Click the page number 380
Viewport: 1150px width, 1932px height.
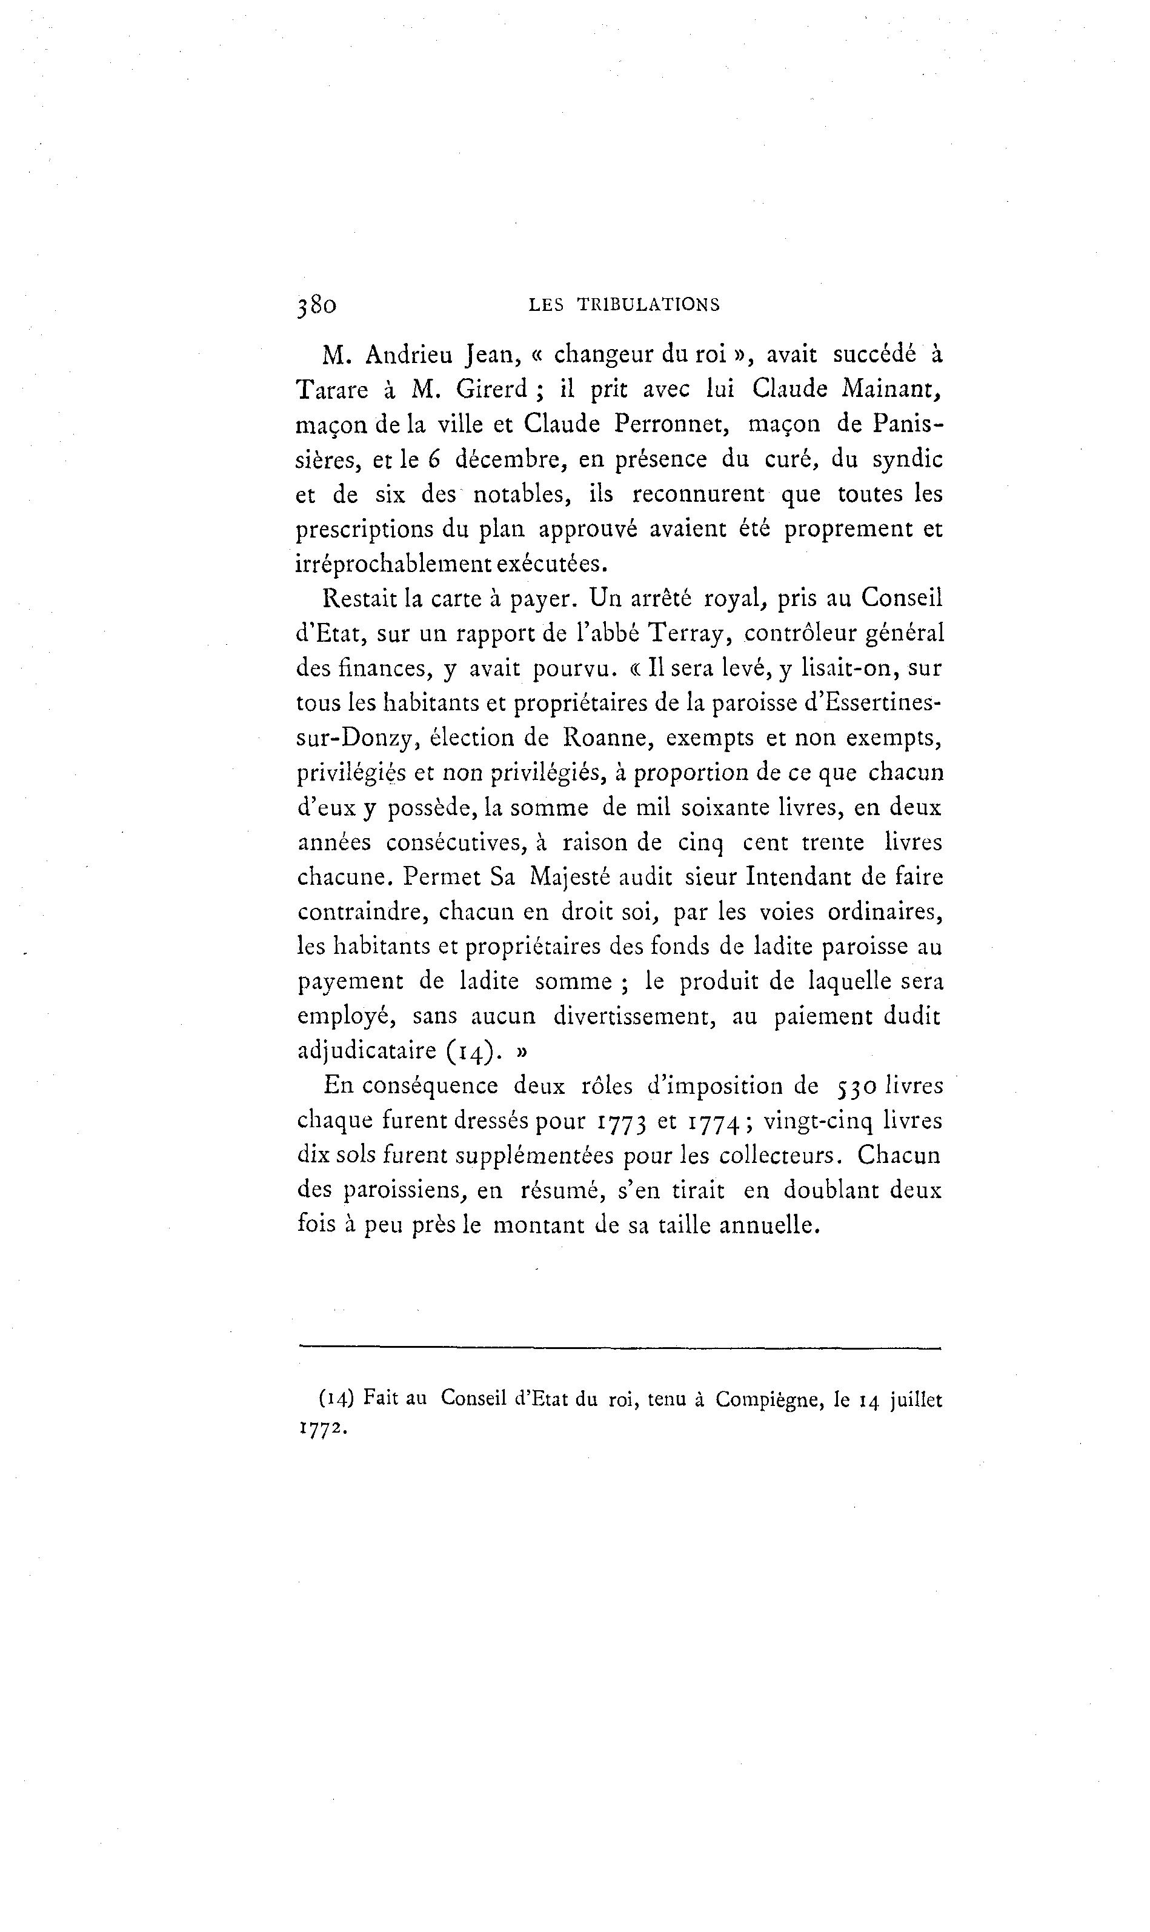click(316, 306)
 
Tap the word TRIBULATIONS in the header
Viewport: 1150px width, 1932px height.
click(649, 305)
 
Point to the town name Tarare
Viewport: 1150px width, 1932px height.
click(333, 390)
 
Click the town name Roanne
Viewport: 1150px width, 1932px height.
click(603, 737)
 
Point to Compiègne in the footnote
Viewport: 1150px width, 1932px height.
click(767, 1399)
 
